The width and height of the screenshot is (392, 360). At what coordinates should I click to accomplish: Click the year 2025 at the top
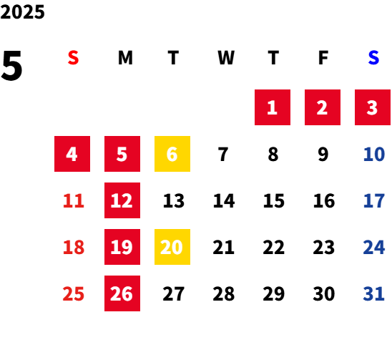(x=22, y=12)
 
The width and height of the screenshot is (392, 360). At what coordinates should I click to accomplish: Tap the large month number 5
(x=11, y=66)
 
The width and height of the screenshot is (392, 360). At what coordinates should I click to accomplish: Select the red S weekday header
(x=73, y=58)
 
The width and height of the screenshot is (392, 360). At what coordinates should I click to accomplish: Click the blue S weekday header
(x=373, y=58)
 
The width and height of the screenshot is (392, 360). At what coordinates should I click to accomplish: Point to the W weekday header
(x=226, y=58)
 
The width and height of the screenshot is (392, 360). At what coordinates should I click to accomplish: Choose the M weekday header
(x=125, y=58)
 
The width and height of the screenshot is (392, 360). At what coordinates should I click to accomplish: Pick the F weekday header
(x=323, y=58)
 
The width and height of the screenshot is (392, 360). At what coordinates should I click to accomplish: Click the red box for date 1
(x=273, y=107)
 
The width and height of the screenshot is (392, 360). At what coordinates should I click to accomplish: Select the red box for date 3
(x=373, y=107)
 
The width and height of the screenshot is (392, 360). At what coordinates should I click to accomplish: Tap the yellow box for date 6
(x=172, y=154)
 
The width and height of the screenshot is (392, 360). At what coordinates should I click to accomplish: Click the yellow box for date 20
(x=172, y=247)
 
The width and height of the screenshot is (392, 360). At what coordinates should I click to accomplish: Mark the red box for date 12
(x=122, y=200)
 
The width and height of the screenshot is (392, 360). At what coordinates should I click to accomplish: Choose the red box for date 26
(x=122, y=293)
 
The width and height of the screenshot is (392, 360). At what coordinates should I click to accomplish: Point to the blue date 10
(x=374, y=154)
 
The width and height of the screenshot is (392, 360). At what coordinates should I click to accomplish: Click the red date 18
(x=74, y=247)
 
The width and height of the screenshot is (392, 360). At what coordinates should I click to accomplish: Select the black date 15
(x=274, y=200)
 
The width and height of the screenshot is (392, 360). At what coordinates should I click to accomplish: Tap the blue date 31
(x=373, y=293)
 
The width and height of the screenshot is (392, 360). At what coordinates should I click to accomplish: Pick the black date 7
(x=223, y=154)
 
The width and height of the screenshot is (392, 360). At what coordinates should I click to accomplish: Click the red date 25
(x=73, y=293)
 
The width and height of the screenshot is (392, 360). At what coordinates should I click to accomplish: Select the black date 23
(x=324, y=247)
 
